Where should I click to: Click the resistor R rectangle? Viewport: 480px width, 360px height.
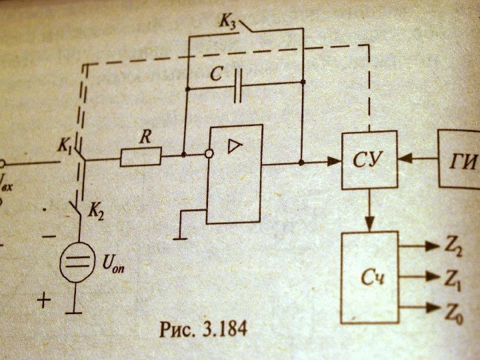pyautogui.click(x=141, y=157)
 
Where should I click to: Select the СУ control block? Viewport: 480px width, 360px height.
pyautogui.click(x=369, y=160)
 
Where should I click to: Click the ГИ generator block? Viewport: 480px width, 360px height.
pyautogui.click(x=460, y=160)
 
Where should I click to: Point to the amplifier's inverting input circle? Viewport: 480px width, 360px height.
pyautogui.click(x=209, y=155)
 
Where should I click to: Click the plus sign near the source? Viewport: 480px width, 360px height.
pyautogui.click(x=43, y=301)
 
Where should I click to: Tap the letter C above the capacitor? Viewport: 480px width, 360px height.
pyautogui.click(x=215, y=74)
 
